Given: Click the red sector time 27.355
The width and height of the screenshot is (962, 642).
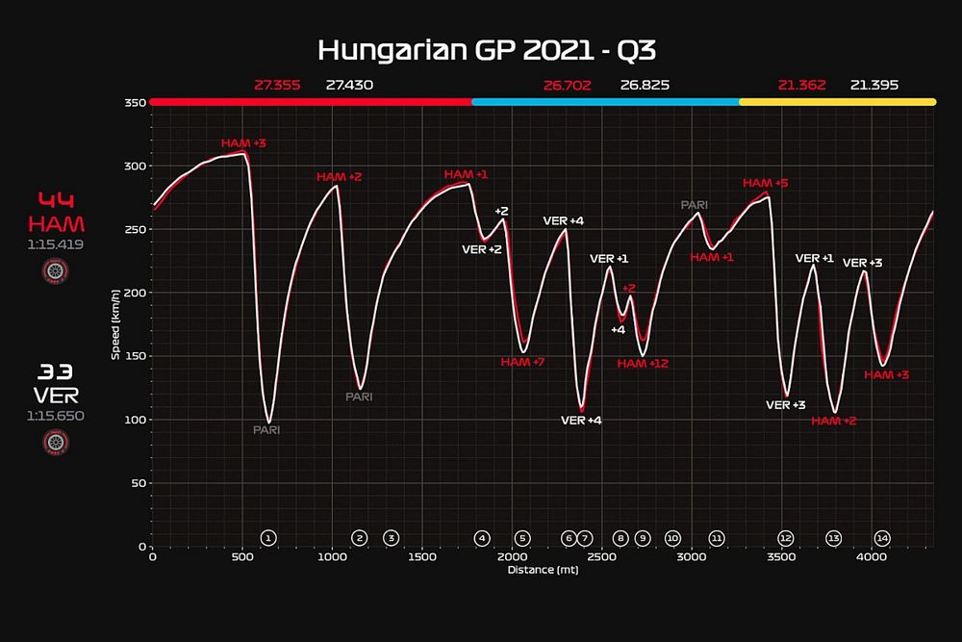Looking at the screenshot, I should (277, 85).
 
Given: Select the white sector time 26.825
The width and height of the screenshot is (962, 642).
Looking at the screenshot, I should (645, 85).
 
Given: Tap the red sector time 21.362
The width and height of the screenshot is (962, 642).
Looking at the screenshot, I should (802, 85).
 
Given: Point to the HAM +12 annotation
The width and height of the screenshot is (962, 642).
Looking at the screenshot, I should (643, 364).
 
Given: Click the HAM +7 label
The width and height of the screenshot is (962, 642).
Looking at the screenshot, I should (523, 362).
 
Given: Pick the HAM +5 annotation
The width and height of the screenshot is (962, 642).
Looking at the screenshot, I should (766, 183).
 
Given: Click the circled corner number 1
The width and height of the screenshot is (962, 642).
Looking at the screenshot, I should (268, 538).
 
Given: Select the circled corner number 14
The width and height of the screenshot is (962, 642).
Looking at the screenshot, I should (881, 538).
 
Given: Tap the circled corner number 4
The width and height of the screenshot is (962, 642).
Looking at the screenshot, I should (482, 538).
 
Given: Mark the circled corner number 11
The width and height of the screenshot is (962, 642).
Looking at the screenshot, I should (716, 538).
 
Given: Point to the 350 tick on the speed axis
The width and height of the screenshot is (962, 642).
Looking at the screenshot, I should (134, 102).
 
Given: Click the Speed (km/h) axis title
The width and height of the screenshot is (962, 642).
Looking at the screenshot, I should (116, 324).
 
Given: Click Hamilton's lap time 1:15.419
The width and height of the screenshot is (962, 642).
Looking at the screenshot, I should (56, 244).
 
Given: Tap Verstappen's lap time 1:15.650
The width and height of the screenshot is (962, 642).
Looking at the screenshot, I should (56, 416).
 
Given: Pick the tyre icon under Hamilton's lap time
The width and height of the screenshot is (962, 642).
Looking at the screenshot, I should (56, 270).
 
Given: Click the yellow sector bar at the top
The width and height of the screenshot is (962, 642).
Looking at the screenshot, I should (837, 101).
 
